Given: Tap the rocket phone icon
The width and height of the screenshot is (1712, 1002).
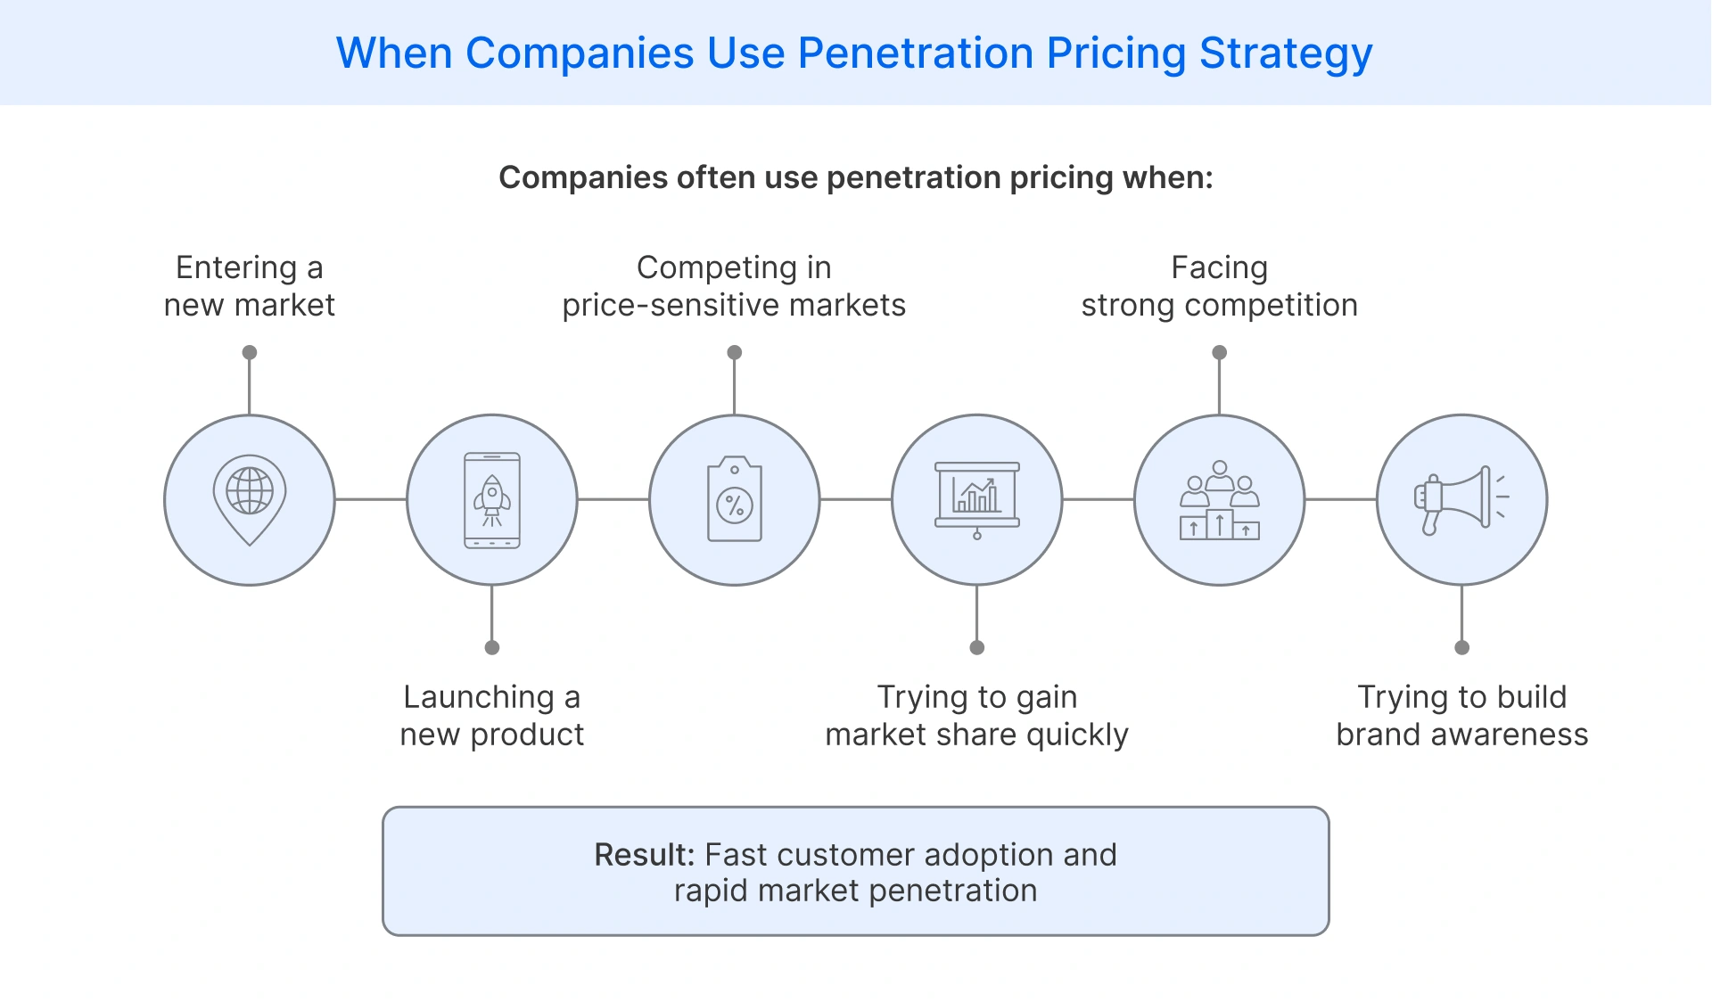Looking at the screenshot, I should pos(492,500).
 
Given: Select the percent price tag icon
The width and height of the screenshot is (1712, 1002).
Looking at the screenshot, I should pos(735,500).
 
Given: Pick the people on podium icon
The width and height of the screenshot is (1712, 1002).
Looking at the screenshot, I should pos(1220,500).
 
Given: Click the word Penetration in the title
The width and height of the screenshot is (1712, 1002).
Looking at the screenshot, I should pos(916,53).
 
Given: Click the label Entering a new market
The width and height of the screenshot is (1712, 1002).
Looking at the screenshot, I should pos(250,286).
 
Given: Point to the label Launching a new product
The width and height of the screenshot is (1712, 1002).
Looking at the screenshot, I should pos(492,715).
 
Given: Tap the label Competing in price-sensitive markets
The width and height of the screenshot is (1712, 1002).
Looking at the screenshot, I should pos(734,286).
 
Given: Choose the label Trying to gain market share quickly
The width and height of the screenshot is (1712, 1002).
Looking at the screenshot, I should pos(976,715).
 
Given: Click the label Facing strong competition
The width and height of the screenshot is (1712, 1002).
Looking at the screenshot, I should pos(1219,286).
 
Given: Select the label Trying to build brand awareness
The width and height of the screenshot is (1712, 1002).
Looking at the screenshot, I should pos(1461,715).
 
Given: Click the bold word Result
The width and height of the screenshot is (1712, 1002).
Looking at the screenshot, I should pos(644,855).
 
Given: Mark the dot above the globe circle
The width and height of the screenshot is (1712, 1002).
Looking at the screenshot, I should pos(250,352).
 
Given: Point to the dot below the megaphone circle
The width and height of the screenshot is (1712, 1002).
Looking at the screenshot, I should pos(1461,647).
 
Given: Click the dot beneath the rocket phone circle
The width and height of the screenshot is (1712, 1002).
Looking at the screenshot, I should pos(492,647).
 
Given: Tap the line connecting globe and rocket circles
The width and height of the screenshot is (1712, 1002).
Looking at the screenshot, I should pos(371,499).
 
